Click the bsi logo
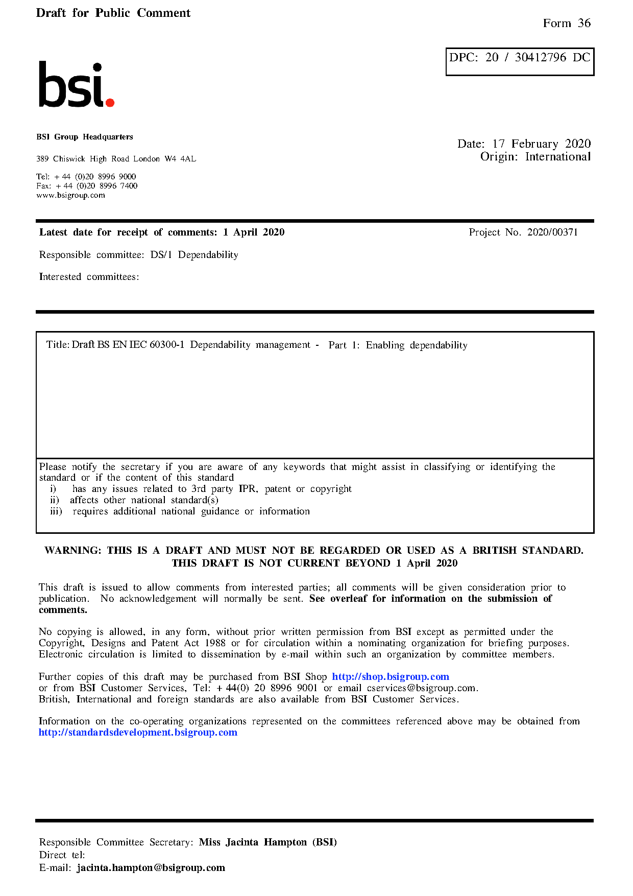click(x=76, y=85)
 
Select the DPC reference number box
click(x=520, y=61)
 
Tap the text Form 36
click(x=567, y=23)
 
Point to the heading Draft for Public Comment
click(x=113, y=13)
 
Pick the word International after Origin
click(x=557, y=157)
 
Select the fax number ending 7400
click(x=96, y=186)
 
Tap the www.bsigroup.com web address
click(x=70, y=195)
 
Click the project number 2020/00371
click(x=552, y=232)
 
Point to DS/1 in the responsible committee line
click(x=161, y=255)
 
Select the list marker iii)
click(x=56, y=511)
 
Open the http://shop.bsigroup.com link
click(x=391, y=677)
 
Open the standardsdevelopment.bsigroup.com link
click(x=138, y=733)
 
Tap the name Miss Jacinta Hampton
click(x=253, y=842)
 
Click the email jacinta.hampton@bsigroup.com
click(x=151, y=867)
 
